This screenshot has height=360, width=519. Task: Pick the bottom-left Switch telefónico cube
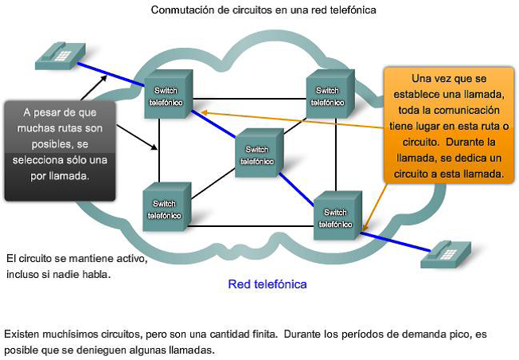[165, 207]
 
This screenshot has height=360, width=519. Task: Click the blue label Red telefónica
[267, 284]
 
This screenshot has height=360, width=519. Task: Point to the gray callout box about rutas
[59, 149]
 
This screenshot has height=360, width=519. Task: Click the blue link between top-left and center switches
[215, 126]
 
